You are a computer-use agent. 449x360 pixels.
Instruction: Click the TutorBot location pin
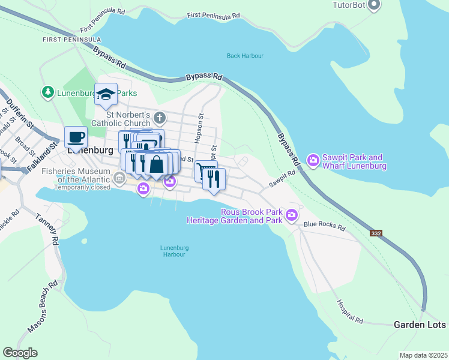375,5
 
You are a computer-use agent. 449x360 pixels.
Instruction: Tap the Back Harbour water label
245,56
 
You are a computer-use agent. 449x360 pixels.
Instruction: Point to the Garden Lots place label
420,325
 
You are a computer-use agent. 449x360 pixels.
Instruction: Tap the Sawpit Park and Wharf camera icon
313,160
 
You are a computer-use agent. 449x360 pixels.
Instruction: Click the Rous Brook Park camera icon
292,214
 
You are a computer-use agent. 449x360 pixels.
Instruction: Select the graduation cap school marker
106,94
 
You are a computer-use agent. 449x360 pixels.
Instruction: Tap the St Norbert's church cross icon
160,117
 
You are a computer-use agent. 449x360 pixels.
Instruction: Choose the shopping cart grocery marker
205,170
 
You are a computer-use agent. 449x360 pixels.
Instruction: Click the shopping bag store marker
156,164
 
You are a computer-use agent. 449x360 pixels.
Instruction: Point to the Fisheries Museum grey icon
119,178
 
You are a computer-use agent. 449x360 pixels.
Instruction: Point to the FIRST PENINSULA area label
71,40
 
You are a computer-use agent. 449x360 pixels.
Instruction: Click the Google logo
20,353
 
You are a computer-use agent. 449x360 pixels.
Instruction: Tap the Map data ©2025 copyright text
423,355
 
